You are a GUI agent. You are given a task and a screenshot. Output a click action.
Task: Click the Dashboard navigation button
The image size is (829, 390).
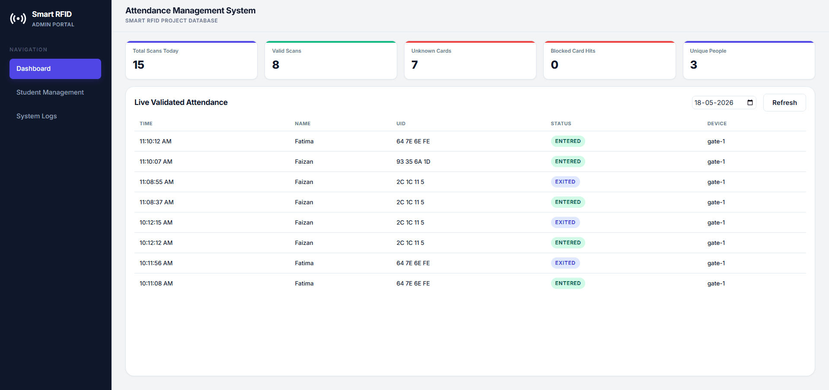click(55, 69)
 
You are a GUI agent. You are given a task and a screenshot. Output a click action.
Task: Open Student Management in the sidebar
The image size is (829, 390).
click(50, 92)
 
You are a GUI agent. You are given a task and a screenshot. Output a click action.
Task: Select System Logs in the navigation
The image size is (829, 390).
click(37, 116)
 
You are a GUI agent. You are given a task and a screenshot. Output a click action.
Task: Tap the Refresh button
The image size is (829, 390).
click(784, 103)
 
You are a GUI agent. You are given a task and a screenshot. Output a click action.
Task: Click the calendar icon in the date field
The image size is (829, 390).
click(750, 103)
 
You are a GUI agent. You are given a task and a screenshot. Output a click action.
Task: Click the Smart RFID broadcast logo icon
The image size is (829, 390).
click(18, 19)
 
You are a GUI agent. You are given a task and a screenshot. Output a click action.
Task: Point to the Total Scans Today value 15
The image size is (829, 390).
click(138, 65)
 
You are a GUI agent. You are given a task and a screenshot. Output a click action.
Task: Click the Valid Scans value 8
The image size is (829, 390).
click(276, 65)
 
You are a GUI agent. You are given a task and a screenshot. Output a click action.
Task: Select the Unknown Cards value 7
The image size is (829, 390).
click(414, 65)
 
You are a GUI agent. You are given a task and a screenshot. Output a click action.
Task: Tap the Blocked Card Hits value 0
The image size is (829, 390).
click(555, 65)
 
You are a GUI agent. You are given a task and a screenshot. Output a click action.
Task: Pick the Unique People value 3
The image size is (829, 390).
click(694, 65)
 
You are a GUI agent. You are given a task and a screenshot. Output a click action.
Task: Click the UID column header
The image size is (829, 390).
click(401, 124)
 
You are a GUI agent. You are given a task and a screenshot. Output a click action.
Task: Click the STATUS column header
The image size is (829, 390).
click(561, 124)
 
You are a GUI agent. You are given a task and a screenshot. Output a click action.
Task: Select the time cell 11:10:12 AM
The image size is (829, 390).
click(156, 141)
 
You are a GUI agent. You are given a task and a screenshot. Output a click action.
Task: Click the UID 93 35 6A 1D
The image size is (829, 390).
click(413, 162)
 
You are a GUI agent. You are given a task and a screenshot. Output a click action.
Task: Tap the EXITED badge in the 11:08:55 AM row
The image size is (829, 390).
click(565, 182)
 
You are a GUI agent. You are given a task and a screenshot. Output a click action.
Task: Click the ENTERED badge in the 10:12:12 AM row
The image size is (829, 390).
click(568, 243)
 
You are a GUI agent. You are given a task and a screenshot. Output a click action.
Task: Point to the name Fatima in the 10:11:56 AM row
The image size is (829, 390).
click(304, 263)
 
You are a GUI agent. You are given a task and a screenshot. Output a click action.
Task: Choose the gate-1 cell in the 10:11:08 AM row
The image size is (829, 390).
click(716, 283)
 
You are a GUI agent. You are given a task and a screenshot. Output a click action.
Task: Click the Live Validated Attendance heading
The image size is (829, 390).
click(181, 102)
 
